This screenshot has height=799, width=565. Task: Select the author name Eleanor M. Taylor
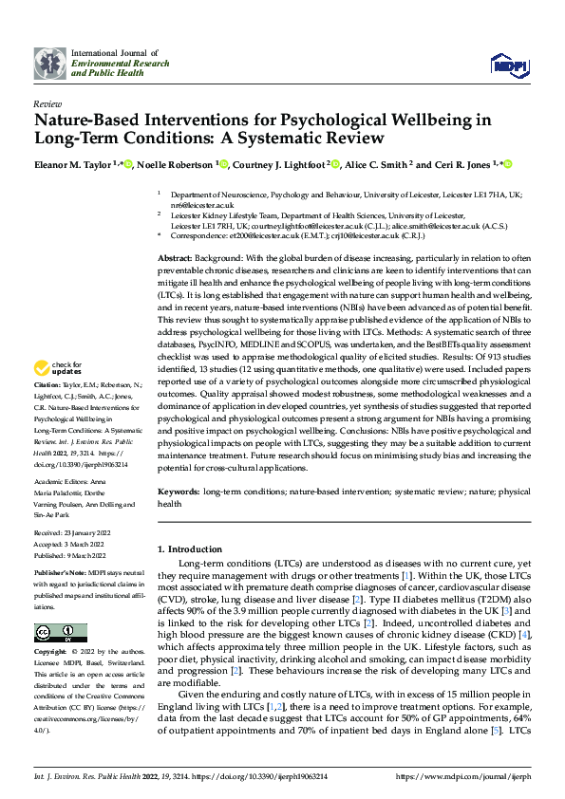coord(76,165)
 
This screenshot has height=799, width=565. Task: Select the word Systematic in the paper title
coord(299,139)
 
